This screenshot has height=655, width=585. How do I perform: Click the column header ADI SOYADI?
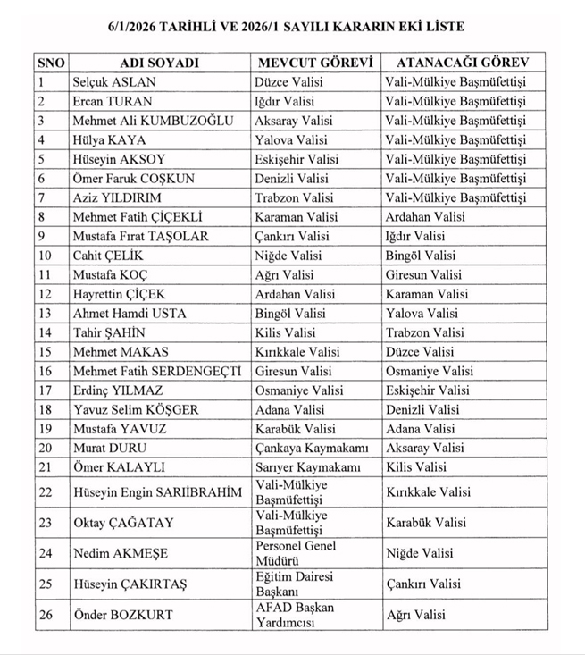click(160, 63)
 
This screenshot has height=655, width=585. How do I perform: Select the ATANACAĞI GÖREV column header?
click(464, 63)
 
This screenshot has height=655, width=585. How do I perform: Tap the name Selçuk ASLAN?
click(114, 82)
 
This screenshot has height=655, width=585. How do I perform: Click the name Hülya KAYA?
click(109, 140)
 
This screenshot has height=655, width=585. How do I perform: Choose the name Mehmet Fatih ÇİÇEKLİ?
click(138, 217)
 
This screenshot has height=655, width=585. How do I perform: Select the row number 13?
click(46, 313)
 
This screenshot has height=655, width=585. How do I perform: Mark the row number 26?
click(46, 615)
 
